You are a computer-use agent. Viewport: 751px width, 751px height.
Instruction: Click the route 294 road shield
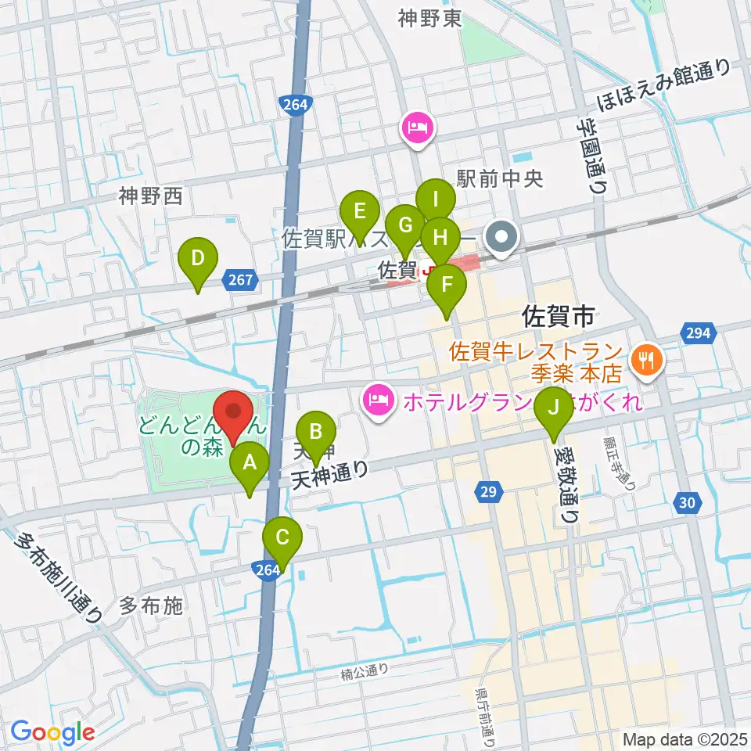pyautogui.click(x=699, y=333)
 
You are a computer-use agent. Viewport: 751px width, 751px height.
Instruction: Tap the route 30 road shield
pyautogui.click(x=686, y=505)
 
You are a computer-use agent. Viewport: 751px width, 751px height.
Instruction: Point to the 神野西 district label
pyautogui.click(x=151, y=196)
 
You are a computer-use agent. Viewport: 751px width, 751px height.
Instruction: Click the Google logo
pyautogui.click(x=52, y=732)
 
